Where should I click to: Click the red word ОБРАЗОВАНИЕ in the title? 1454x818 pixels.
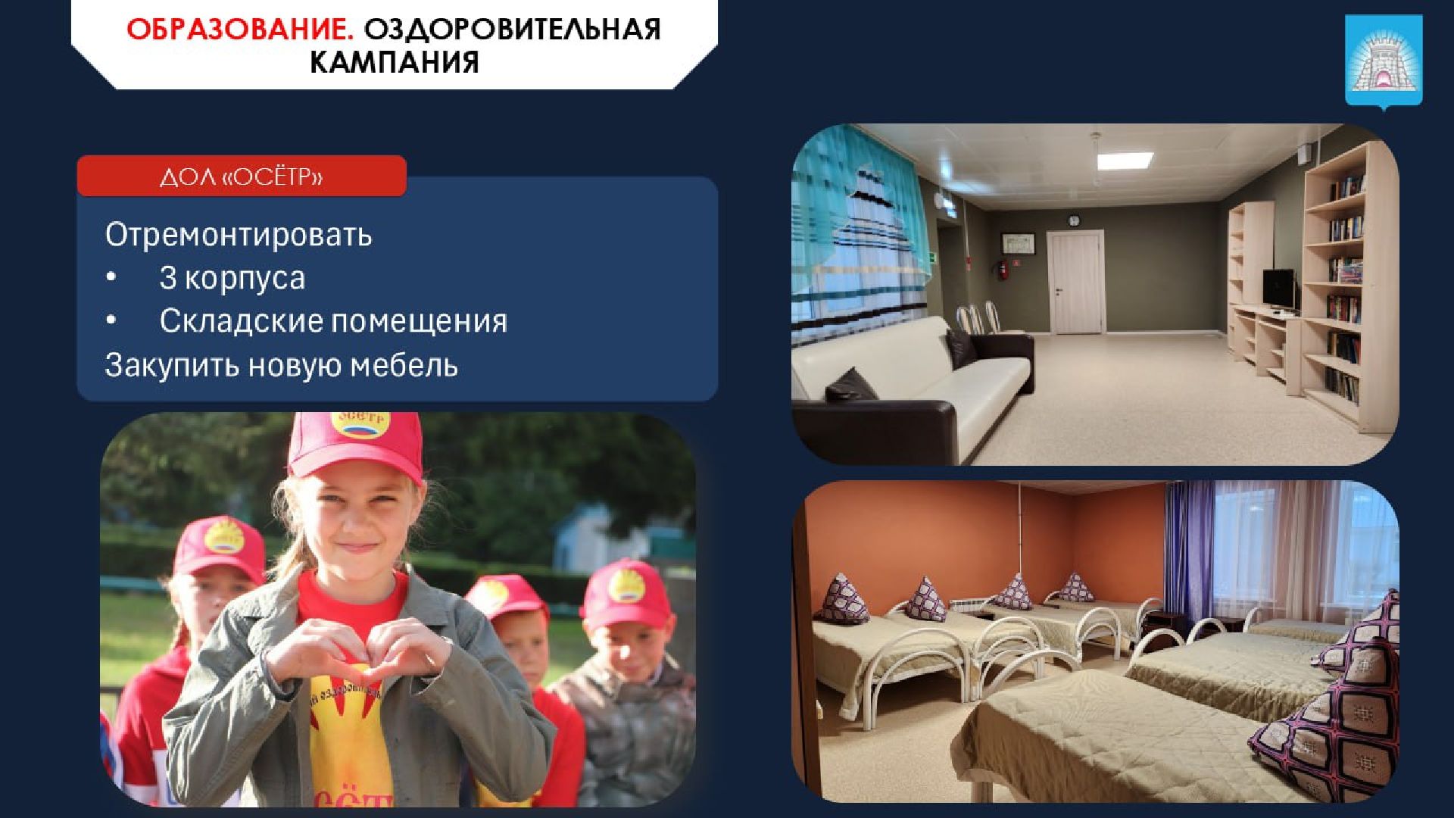coord(239,30)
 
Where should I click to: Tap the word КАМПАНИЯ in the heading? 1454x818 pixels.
coord(394,62)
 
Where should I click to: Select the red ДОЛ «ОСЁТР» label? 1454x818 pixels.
coord(242,176)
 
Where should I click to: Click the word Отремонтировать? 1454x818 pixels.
coord(239,235)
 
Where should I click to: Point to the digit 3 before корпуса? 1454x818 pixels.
coord(167,278)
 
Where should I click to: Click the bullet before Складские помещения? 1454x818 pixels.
coord(111,320)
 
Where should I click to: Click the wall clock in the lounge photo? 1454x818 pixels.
coord(1073,220)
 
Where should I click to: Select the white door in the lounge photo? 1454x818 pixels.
coord(1074,283)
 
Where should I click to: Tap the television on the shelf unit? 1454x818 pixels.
coord(1279,289)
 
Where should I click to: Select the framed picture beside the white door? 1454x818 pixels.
coord(1019,243)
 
